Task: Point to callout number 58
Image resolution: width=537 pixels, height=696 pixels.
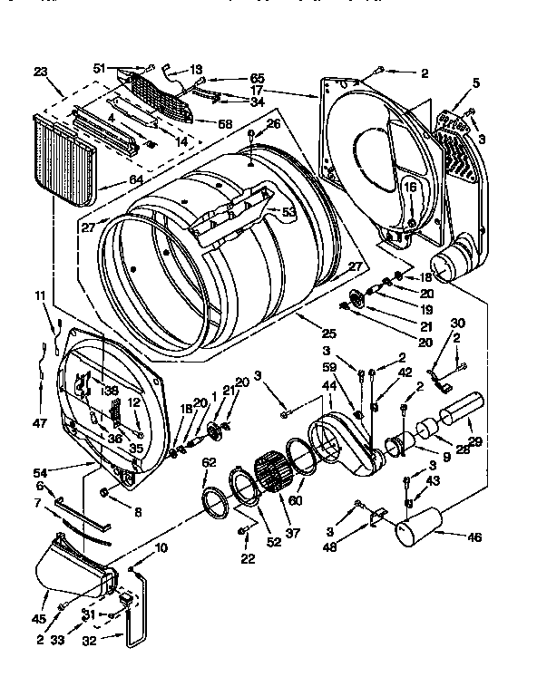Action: pos(224,122)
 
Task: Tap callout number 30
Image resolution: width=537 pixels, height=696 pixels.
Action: pos(457,324)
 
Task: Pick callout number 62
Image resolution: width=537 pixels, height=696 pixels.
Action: pos(210,461)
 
